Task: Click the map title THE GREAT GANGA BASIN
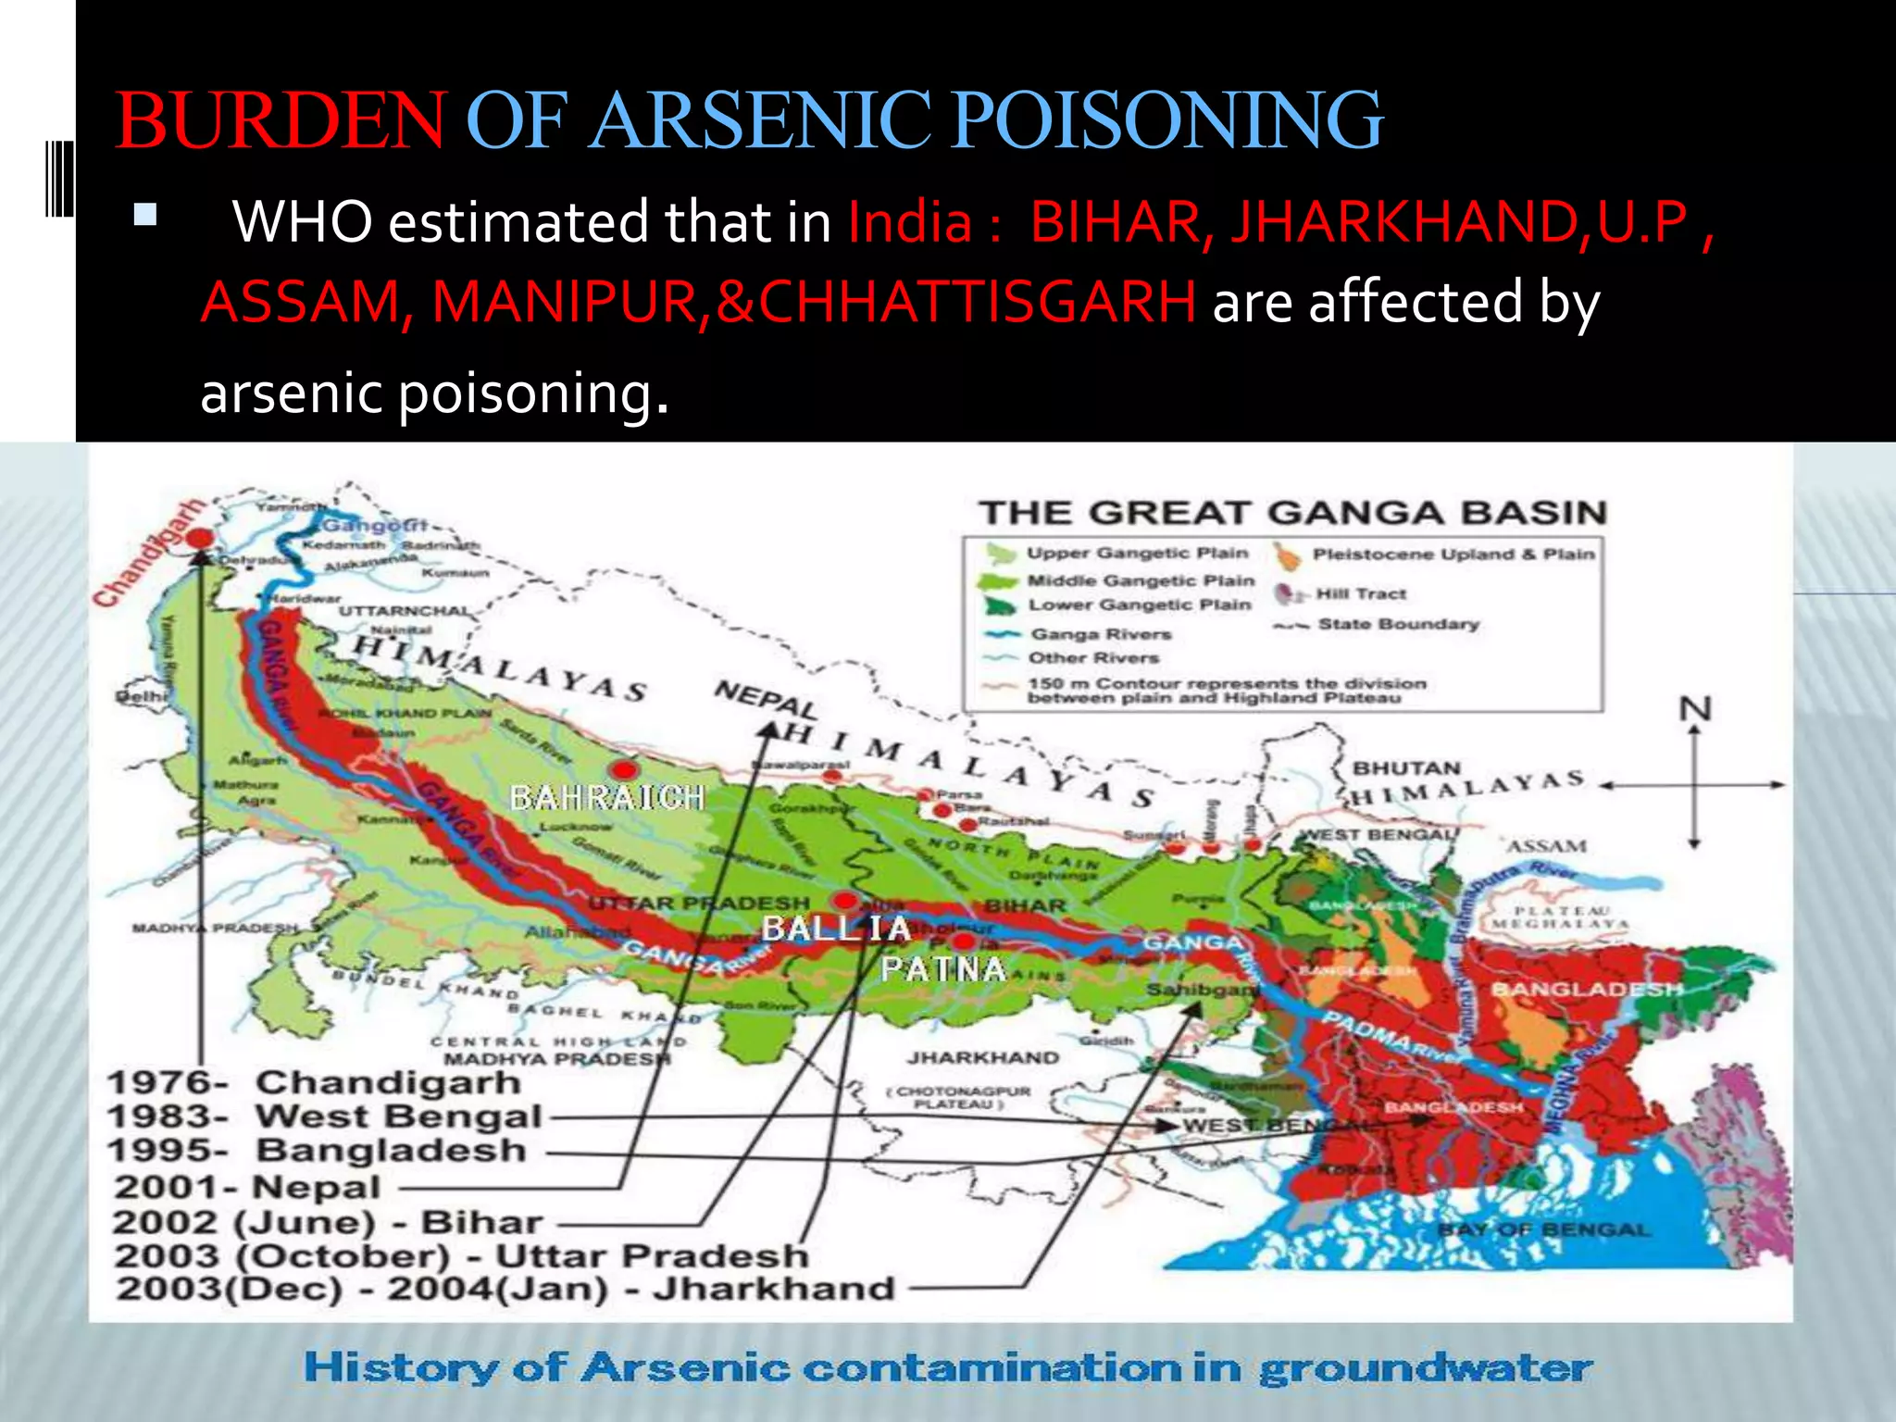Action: tap(1292, 513)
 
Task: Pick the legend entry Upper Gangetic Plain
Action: tap(1137, 554)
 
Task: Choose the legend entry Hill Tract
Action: tap(1360, 594)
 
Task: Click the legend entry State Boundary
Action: tap(1398, 625)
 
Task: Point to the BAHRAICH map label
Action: tap(607, 797)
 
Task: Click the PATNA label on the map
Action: tap(942, 969)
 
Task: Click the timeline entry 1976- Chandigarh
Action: tap(314, 1082)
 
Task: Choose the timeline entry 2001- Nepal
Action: tap(247, 1187)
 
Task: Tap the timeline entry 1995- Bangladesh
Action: tap(317, 1151)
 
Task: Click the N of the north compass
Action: tap(1695, 709)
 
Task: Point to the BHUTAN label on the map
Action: tap(1406, 768)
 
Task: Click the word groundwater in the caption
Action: tap(1426, 1368)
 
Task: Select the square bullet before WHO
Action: tap(145, 216)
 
